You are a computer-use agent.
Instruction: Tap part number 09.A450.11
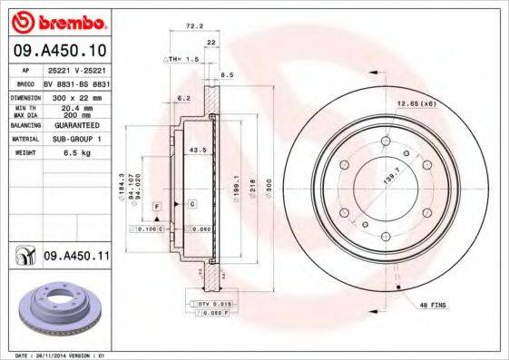(x=76, y=258)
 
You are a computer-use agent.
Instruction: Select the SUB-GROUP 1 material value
(x=75, y=140)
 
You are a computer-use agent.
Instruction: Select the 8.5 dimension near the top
(x=228, y=74)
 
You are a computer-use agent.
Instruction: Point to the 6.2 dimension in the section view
(x=182, y=96)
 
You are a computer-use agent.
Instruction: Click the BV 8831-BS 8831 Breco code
(x=75, y=82)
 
